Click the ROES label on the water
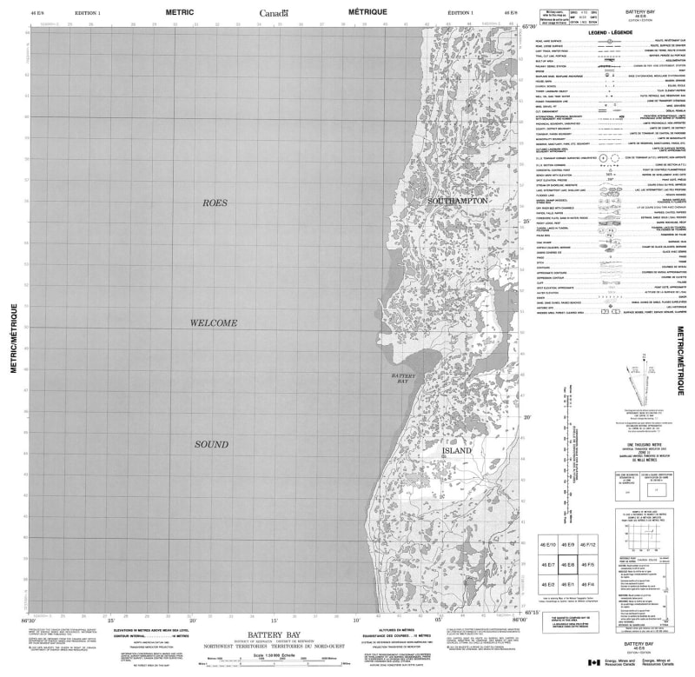[215, 202]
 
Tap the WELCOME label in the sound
[214, 323]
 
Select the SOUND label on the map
[211, 445]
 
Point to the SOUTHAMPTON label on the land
[458, 201]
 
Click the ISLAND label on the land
[457, 452]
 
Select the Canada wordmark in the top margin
[275, 13]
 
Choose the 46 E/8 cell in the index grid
[568, 565]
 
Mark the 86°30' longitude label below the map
[28, 619]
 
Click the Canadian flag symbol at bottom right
[593, 663]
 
